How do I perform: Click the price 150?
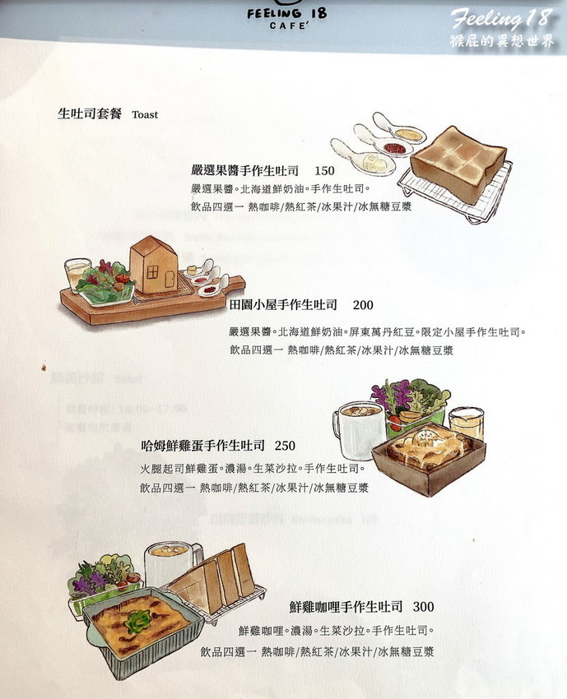click(325, 171)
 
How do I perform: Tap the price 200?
click(363, 305)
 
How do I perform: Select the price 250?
click(285, 445)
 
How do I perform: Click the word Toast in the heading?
click(144, 115)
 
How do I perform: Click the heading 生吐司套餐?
click(88, 114)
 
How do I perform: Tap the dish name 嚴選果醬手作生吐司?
click(244, 171)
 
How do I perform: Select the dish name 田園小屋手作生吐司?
click(284, 305)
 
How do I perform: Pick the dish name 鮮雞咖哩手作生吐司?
click(346, 607)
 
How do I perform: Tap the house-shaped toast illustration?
click(154, 265)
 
